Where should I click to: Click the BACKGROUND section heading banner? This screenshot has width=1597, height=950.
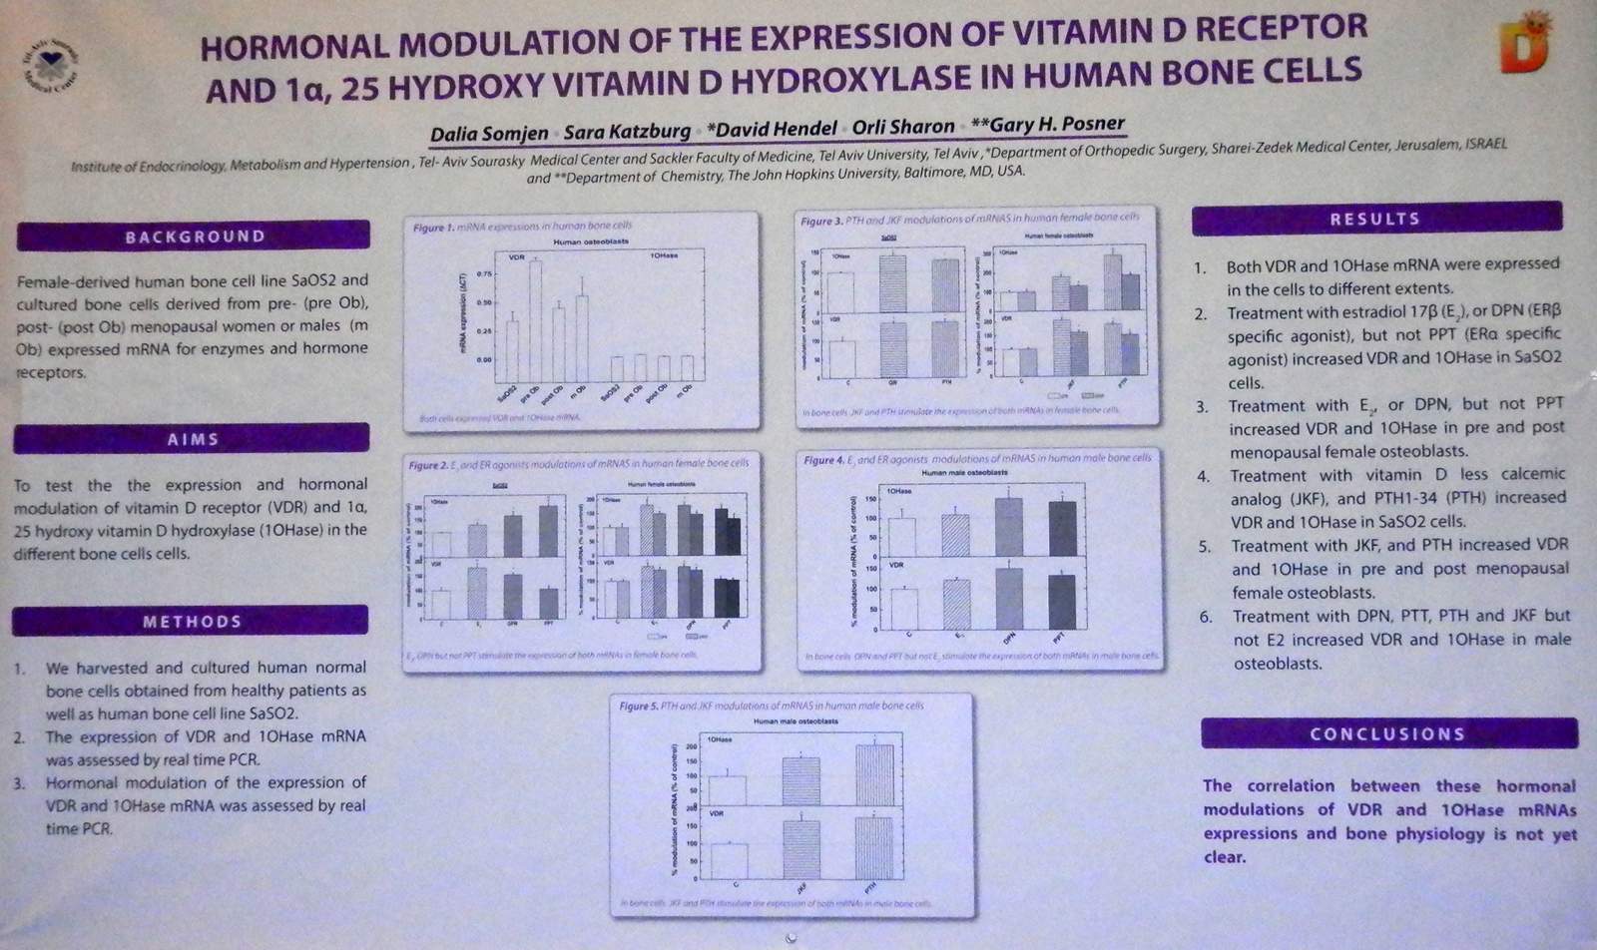[x=194, y=237]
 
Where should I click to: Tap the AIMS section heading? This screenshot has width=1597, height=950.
[x=192, y=439]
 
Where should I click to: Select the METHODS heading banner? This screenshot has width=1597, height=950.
[x=191, y=622]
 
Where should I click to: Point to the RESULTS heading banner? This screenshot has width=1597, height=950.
[x=1375, y=219]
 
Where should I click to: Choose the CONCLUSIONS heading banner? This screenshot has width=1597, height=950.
[x=1387, y=733]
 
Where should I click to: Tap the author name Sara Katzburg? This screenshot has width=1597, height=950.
[x=627, y=132]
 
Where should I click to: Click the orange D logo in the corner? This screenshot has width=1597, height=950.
[x=1527, y=45]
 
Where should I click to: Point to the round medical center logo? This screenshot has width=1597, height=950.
[x=51, y=67]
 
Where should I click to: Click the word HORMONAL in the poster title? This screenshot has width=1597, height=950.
[x=287, y=47]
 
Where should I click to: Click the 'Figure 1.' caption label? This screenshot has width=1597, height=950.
[x=433, y=229]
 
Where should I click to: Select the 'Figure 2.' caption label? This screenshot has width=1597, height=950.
[x=429, y=465]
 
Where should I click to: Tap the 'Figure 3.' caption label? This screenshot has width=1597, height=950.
[x=821, y=221]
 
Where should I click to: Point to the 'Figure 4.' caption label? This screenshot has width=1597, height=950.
[x=824, y=460]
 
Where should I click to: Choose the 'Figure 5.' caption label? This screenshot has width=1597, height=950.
[x=639, y=707]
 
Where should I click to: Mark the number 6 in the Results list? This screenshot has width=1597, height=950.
[x=1206, y=617]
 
